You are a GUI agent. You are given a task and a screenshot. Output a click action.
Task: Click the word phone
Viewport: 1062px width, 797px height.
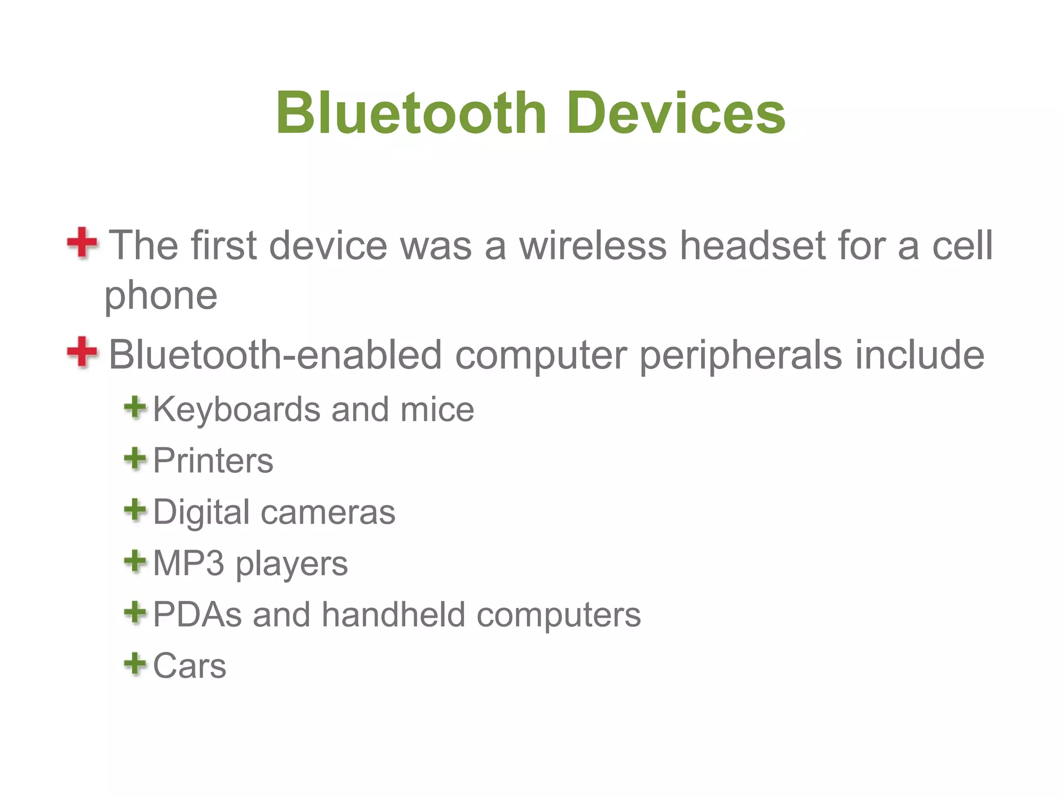(x=161, y=297)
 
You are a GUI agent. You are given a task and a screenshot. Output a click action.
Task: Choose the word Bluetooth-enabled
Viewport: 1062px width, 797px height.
(x=275, y=355)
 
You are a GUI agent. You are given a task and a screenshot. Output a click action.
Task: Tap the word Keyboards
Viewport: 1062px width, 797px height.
(x=236, y=410)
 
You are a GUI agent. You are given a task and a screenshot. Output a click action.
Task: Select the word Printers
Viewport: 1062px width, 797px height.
(x=213, y=461)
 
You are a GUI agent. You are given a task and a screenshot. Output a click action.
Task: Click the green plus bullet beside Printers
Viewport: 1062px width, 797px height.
(x=135, y=459)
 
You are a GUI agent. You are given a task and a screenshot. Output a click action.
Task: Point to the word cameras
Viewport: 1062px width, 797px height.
(x=328, y=512)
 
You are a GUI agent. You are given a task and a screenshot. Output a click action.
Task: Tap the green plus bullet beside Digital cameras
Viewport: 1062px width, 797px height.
(x=135, y=510)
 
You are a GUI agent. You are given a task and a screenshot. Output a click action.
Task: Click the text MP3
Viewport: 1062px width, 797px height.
(x=189, y=563)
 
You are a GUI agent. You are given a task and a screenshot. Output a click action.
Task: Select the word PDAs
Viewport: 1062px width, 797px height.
(x=197, y=614)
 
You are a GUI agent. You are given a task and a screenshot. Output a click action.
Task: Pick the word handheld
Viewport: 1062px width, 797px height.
(x=393, y=614)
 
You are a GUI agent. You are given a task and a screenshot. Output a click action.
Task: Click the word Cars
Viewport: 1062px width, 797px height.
(x=190, y=666)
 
